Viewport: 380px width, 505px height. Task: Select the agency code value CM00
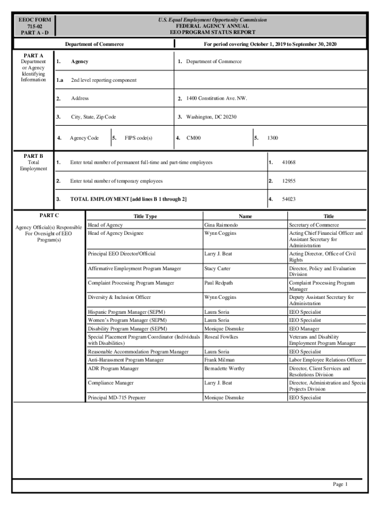[193, 138]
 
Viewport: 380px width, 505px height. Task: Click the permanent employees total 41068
[289, 162]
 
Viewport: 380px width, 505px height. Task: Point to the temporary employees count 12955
[289, 181]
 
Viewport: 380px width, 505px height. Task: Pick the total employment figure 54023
[289, 199]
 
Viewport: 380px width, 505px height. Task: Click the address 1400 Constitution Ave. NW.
[217, 98]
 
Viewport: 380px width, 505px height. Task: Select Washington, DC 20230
[211, 117]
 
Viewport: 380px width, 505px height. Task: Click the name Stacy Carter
[218, 268]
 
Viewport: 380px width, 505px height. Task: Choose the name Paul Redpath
[218, 283]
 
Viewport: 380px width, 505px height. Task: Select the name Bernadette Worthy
[224, 368]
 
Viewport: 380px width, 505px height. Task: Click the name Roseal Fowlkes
[221, 337]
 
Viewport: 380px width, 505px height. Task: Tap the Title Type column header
[145, 216]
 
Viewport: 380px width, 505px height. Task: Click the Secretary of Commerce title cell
[314, 225]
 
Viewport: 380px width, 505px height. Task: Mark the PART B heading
[34, 156]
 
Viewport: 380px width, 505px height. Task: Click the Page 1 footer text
[341, 484]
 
